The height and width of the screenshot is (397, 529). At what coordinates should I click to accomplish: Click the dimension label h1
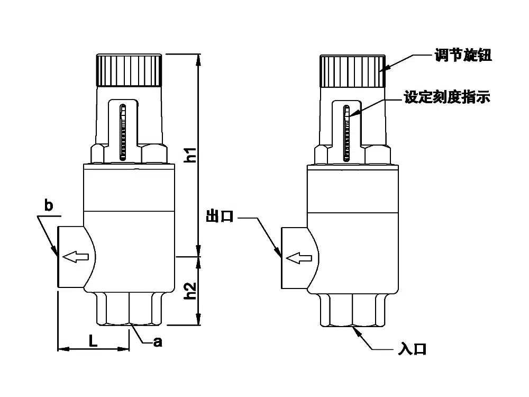(x=192, y=154)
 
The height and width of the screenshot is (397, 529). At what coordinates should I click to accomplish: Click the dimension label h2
(x=192, y=291)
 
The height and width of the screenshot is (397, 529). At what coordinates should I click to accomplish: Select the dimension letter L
(x=93, y=341)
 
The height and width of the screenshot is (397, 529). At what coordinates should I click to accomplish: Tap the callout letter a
(x=157, y=342)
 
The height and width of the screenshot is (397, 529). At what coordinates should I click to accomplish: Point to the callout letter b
(x=48, y=206)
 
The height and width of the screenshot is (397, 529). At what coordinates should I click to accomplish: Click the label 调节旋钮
(x=463, y=56)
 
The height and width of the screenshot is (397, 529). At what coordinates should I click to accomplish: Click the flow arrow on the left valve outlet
(x=75, y=258)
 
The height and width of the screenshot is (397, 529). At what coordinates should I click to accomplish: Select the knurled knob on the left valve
(x=129, y=70)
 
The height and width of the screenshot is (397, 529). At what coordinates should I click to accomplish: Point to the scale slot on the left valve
(x=123, y=131)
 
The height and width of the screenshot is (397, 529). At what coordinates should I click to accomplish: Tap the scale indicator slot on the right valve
(x=347, y=132)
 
